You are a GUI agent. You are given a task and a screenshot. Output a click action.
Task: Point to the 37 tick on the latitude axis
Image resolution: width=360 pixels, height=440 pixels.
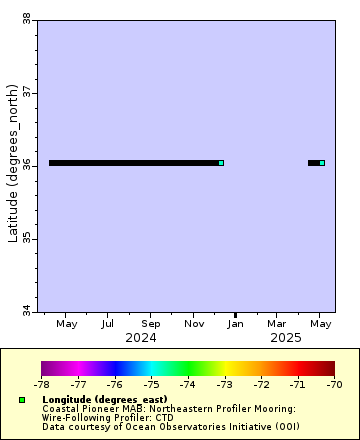[25, 92]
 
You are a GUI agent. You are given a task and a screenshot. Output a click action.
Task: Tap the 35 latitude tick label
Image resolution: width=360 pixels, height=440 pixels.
[25, 239]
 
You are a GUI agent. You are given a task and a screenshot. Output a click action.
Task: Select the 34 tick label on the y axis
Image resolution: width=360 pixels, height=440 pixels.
[25, 312]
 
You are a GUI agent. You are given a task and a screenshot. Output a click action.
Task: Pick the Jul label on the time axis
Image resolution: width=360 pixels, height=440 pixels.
[107, 324]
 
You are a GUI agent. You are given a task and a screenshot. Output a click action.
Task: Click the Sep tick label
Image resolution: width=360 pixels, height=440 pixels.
[151, 324]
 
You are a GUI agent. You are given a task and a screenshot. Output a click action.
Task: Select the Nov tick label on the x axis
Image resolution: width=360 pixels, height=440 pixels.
[194, 324]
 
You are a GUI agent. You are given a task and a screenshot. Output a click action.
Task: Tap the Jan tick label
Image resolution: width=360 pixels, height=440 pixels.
[236, 324]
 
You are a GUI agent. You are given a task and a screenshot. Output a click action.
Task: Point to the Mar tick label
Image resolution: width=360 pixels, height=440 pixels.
[278, 324]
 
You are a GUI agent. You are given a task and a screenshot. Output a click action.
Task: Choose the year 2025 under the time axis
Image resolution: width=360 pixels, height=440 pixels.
[286, 338]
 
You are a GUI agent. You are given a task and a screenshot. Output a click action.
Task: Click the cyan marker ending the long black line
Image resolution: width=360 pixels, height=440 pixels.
[221, 163]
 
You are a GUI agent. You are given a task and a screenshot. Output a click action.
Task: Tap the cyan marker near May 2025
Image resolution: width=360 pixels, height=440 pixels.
[322, 163]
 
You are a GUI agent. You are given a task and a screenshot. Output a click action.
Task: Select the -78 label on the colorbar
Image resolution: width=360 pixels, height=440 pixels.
[42, 384]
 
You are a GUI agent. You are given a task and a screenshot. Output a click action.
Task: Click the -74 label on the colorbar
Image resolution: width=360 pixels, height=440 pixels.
[188, 384]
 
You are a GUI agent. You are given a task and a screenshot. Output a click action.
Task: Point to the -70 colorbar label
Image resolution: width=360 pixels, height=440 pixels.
[334, 384]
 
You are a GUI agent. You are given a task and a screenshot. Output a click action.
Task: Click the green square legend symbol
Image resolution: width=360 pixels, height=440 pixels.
[22, 400]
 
